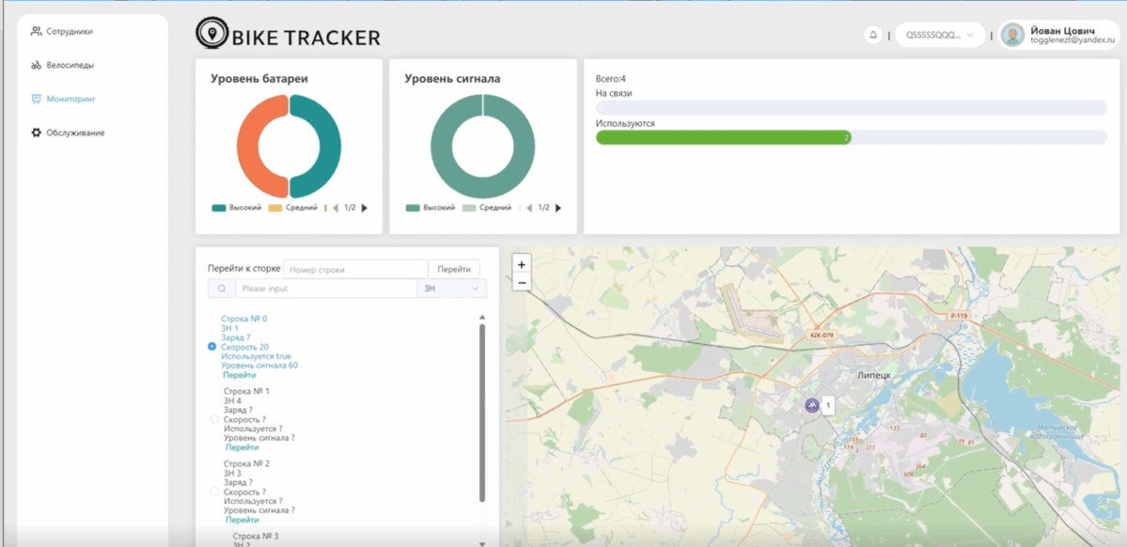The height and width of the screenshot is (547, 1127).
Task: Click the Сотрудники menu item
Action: click(69, 32)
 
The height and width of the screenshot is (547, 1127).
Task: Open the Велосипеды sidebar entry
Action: click(70, 66)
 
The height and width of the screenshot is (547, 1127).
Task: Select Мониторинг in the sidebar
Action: click(70, 99)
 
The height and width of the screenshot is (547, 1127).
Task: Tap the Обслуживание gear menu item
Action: click(74, 133)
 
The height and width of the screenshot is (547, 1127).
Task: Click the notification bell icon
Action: click(873, 35)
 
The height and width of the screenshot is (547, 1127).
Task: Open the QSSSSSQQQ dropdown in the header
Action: click(939, 35)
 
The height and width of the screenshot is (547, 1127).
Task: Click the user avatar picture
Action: click(1012, 35)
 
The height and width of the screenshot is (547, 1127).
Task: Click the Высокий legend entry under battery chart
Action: click(237, 208)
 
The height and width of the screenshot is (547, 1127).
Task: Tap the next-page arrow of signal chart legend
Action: click(558, 208)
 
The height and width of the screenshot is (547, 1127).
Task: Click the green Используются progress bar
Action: click(723, 137)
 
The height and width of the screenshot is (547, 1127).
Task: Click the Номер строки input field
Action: click(355, 270)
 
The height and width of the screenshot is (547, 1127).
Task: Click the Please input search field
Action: click(325, 289)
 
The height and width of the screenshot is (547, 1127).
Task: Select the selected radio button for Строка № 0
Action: click(212, 347)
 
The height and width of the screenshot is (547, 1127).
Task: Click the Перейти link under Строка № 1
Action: click(242, 447)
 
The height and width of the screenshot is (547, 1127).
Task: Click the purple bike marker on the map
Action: click(812, 405)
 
